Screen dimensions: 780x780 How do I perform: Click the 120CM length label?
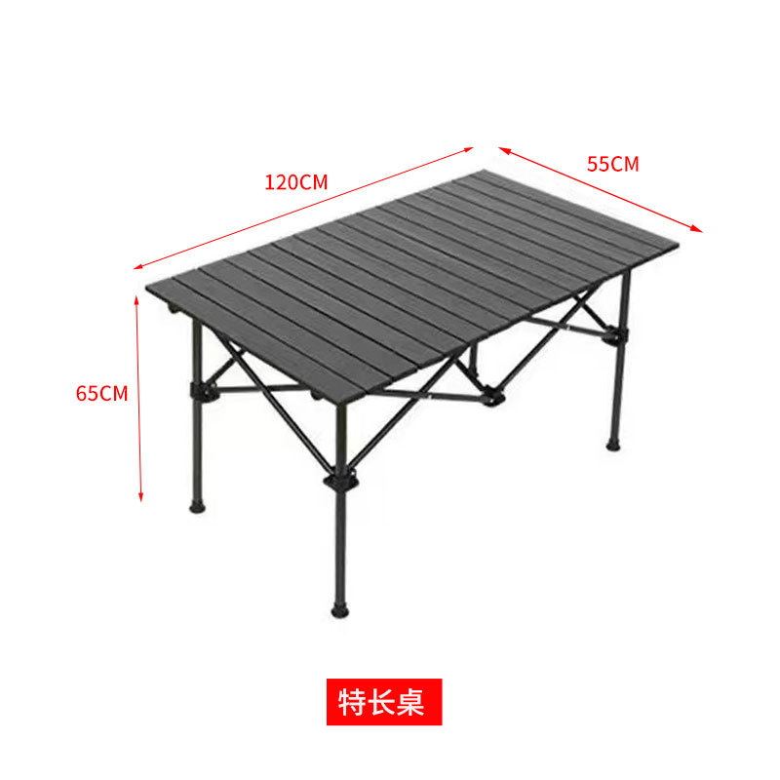295,182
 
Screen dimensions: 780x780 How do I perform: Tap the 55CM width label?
612,164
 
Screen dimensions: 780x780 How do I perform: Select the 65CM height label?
102,394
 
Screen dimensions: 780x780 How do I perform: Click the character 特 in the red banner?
352,702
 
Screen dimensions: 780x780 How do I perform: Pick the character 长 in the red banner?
382,702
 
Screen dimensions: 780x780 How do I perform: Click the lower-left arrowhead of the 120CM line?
137,266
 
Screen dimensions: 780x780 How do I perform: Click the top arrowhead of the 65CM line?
137,298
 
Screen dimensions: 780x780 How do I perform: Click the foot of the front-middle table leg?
340,611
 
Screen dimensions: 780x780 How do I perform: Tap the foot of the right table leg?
612,444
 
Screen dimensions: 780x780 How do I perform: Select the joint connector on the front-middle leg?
341,483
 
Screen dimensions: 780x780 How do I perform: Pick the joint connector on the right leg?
614,336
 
